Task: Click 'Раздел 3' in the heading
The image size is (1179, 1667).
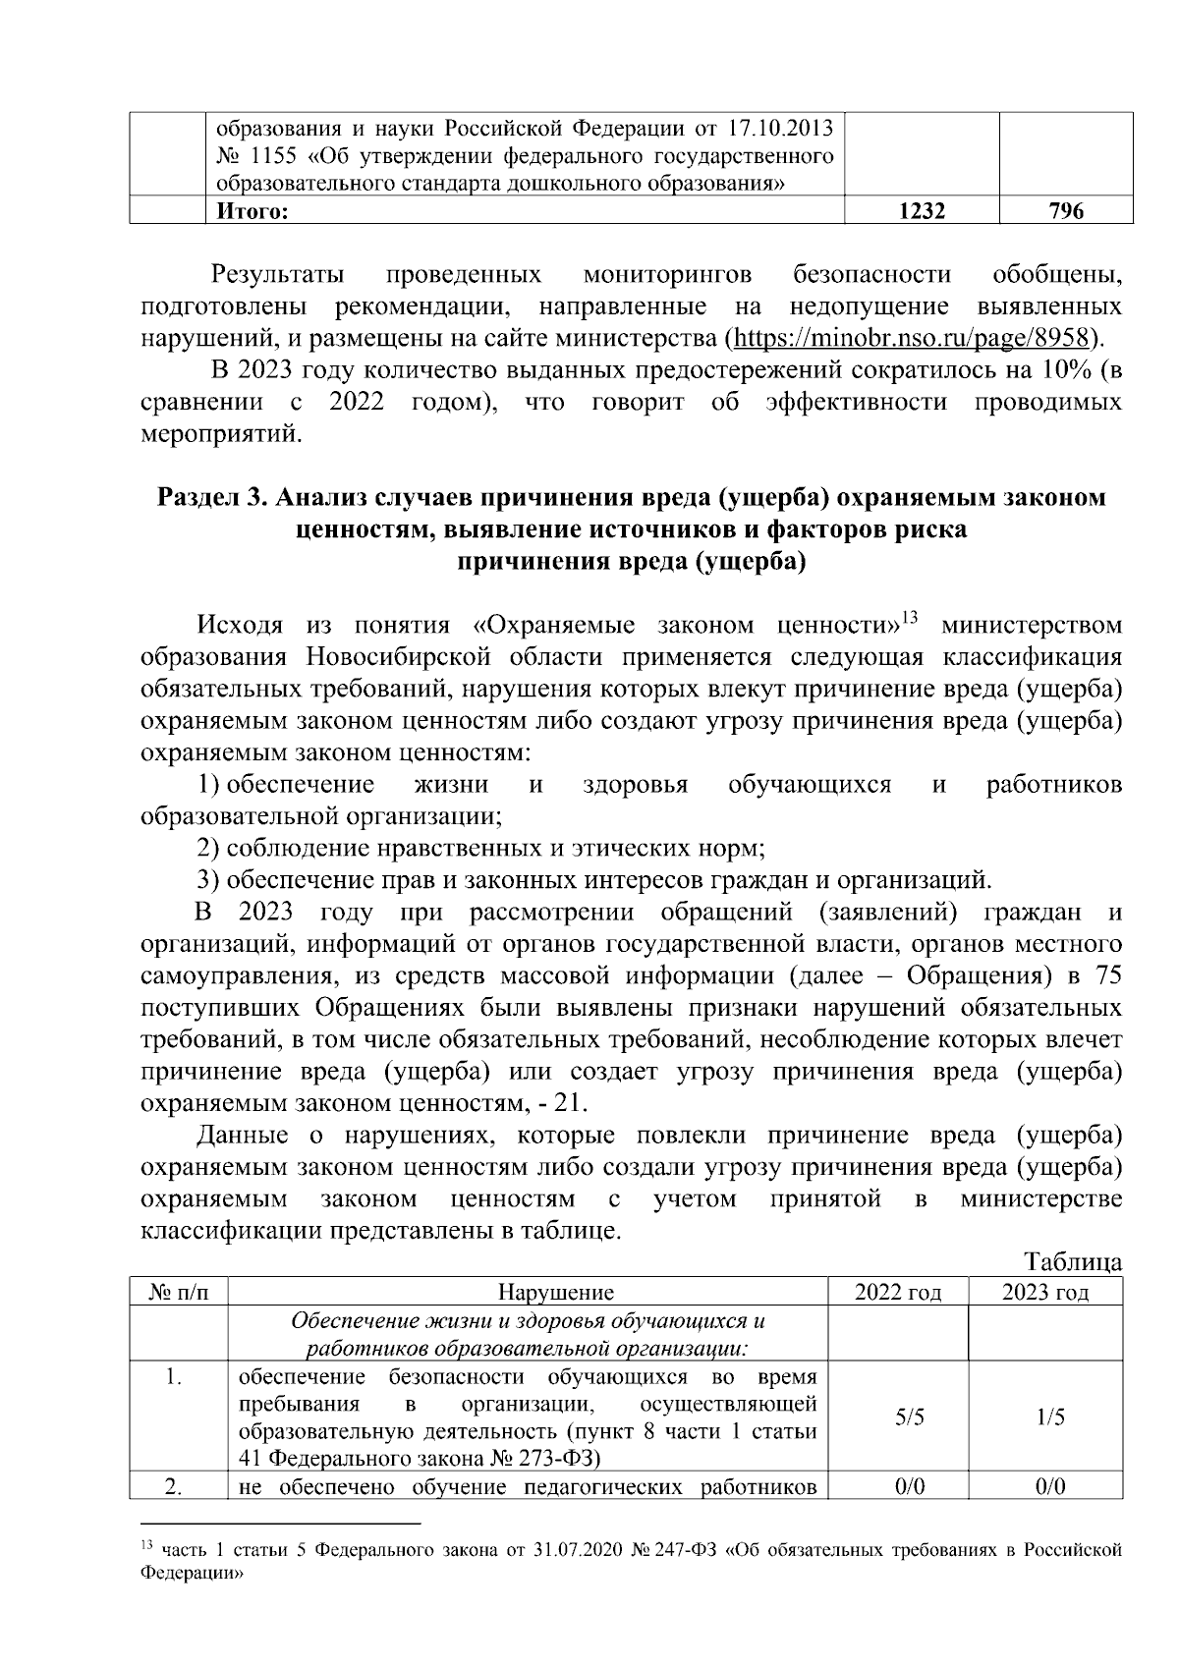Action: pos(213,498)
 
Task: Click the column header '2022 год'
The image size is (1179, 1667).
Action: pos(898,1292)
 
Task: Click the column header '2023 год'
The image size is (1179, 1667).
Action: pos(1045,1292)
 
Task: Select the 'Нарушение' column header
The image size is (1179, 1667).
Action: pos(556,1292)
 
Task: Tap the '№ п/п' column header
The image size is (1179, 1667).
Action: pos(178,1292)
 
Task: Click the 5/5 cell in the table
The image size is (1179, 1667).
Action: pos(898,1417)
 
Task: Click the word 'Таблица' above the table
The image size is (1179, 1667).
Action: pos(1073,1260)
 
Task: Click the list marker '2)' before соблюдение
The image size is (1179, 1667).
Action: pos(209,847)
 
